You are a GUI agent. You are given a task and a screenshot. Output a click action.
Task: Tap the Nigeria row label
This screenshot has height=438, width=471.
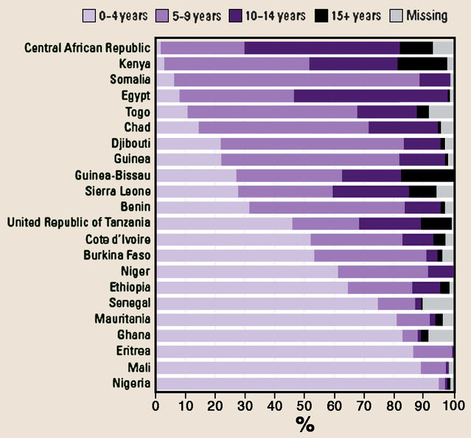[132, 383]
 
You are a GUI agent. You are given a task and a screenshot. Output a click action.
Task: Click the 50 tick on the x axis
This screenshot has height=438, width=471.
[304, 405]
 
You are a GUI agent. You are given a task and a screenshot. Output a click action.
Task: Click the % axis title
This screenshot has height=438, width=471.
[304, 424]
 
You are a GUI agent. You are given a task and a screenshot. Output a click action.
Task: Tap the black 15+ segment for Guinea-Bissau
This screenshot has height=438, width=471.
[427, 175]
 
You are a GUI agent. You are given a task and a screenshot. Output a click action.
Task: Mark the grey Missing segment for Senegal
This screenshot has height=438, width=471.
[438, 303]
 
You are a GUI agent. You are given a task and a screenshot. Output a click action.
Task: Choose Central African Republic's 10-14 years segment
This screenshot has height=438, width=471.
[321, 48]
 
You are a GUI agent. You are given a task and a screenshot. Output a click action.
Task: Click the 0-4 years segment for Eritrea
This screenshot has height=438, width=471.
[285, 351]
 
